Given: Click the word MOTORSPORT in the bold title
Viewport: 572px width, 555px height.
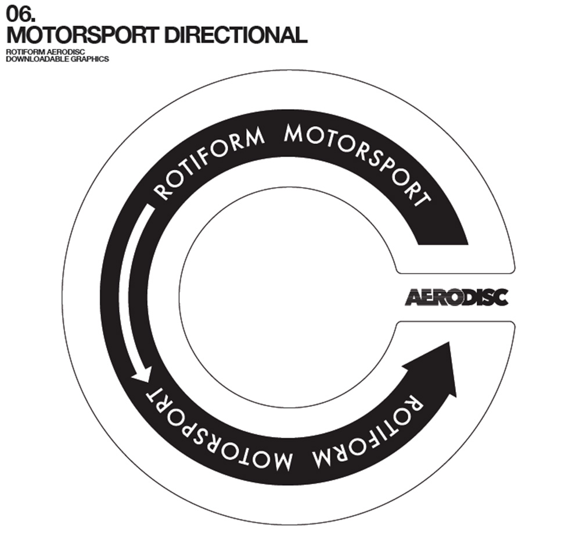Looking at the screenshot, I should [x=82, y=35].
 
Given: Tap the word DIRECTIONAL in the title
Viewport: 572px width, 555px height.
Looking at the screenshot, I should [x=235, y=35].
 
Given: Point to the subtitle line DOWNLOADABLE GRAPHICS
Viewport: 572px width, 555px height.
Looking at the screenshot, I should [x=57, y=59].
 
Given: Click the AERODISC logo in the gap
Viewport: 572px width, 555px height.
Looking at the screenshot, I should [x=456, y=297].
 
